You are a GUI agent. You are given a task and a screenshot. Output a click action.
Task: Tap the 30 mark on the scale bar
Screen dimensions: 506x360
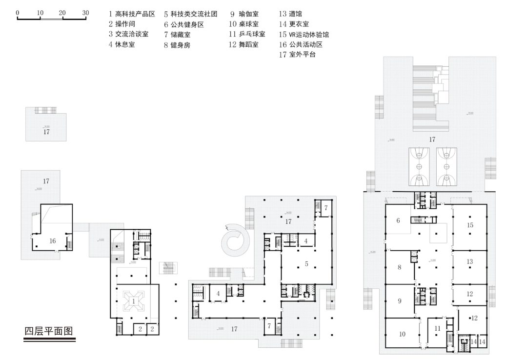tap(85, 12)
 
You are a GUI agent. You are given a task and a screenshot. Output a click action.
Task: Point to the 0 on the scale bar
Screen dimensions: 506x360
tap(18, 12)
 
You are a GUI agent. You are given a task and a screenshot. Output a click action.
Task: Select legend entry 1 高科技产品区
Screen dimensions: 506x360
tap(132, 15)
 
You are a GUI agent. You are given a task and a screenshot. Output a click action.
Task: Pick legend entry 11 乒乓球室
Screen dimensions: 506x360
tap(247, 35)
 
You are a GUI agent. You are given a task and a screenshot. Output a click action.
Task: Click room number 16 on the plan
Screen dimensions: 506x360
tap(53, 240)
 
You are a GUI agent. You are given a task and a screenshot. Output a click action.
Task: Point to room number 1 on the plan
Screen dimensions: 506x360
tap(133, 301)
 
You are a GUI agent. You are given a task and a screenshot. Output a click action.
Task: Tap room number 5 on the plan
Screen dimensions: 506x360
tap(306, 264)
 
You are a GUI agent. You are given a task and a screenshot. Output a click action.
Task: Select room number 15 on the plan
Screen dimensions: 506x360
tap(470, 225)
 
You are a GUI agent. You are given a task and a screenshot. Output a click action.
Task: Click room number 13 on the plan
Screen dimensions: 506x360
tap(469, 262)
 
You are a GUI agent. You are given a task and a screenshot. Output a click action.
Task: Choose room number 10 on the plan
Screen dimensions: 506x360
tap(403, 334)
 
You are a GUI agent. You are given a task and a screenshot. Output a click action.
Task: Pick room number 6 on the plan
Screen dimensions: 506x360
tap(398, 220)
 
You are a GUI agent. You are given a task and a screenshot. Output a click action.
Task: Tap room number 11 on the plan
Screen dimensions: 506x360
tap(437, 328)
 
